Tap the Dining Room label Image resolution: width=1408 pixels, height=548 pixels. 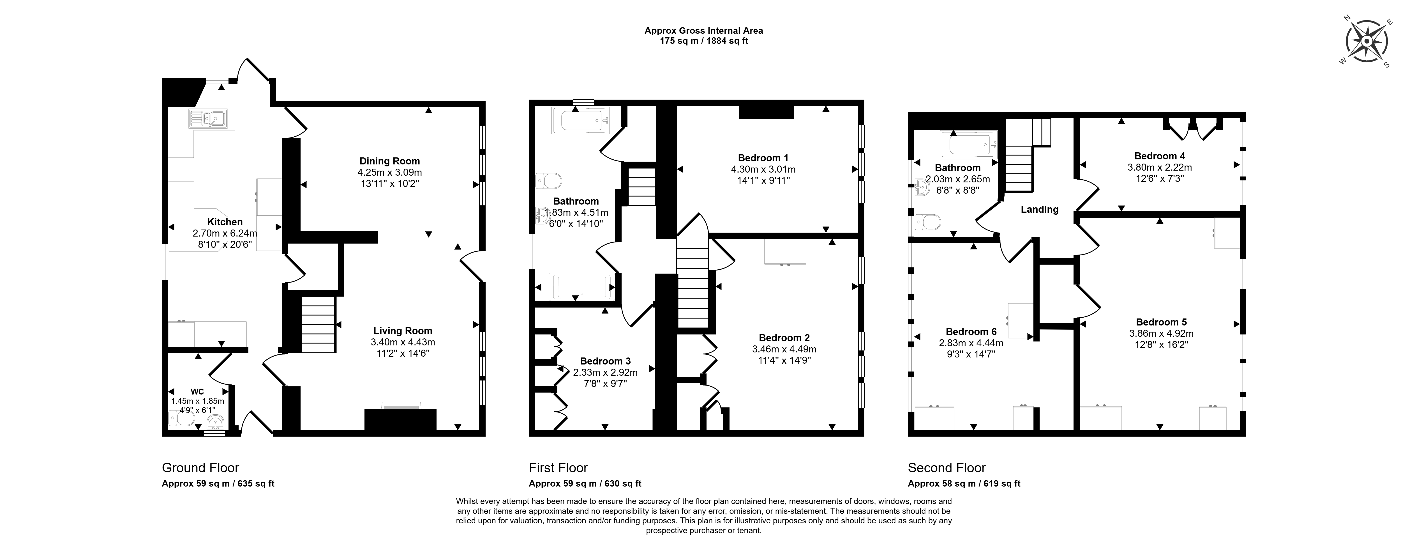390,161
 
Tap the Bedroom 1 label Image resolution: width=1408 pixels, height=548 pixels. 763,157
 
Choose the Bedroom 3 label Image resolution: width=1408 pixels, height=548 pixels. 605,361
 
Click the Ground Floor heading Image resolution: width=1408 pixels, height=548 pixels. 200,467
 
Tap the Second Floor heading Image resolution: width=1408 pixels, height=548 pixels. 947,467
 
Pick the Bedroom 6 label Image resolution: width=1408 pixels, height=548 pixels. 971,331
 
